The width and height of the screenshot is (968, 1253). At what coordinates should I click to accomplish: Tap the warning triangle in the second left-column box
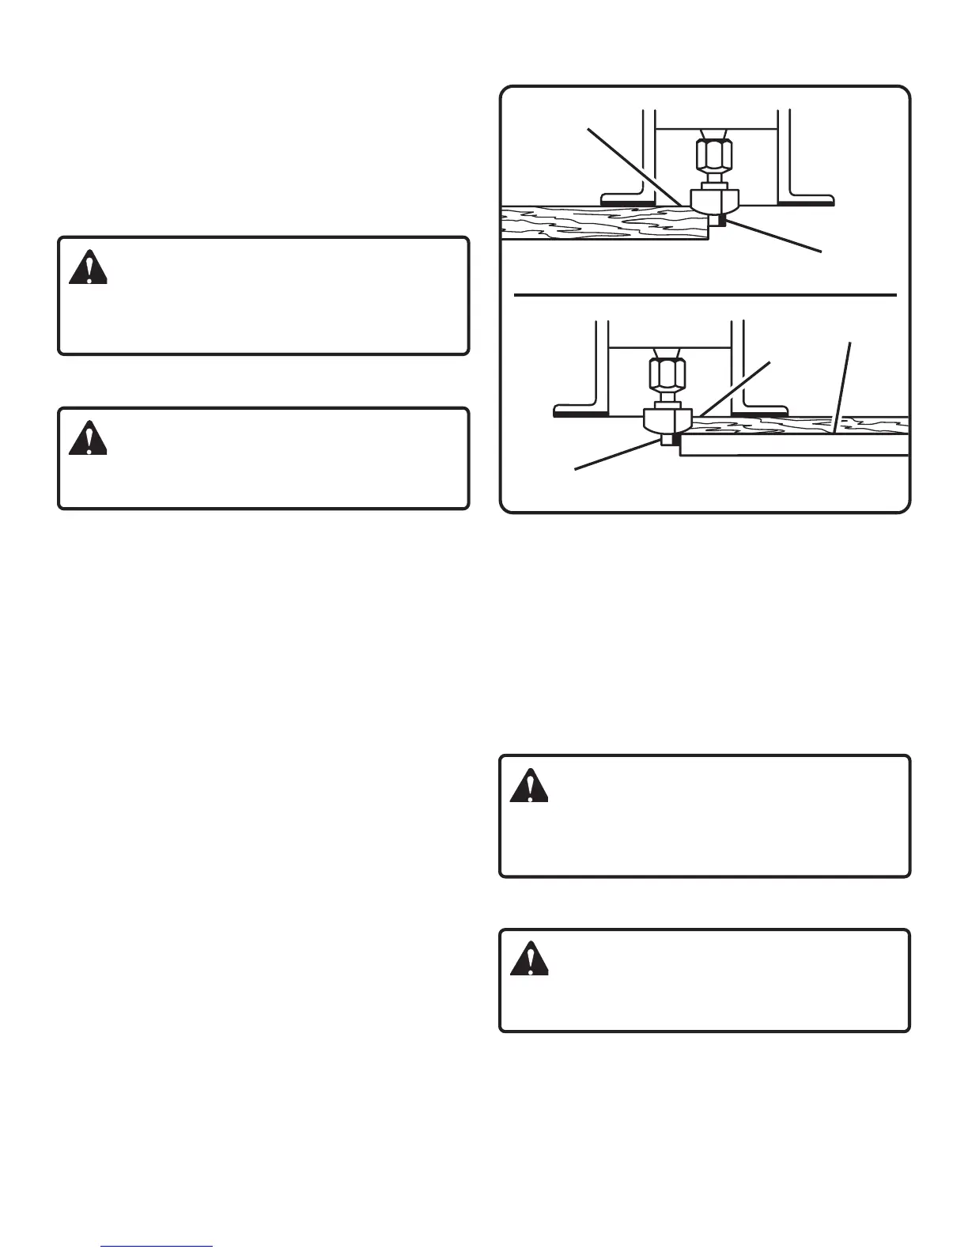point(88,438)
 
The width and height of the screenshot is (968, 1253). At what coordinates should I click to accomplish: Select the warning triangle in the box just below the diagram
point(529,785)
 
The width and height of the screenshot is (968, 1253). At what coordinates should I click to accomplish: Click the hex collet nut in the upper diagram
point(713,157)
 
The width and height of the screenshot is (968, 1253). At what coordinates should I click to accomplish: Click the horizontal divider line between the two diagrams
point(705,294)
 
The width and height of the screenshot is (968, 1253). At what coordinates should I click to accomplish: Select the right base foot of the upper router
point(807,198)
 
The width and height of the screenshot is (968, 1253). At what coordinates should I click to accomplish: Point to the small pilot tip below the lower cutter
point(668,440)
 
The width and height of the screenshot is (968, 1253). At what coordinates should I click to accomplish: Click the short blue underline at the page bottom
point(157,1247)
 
